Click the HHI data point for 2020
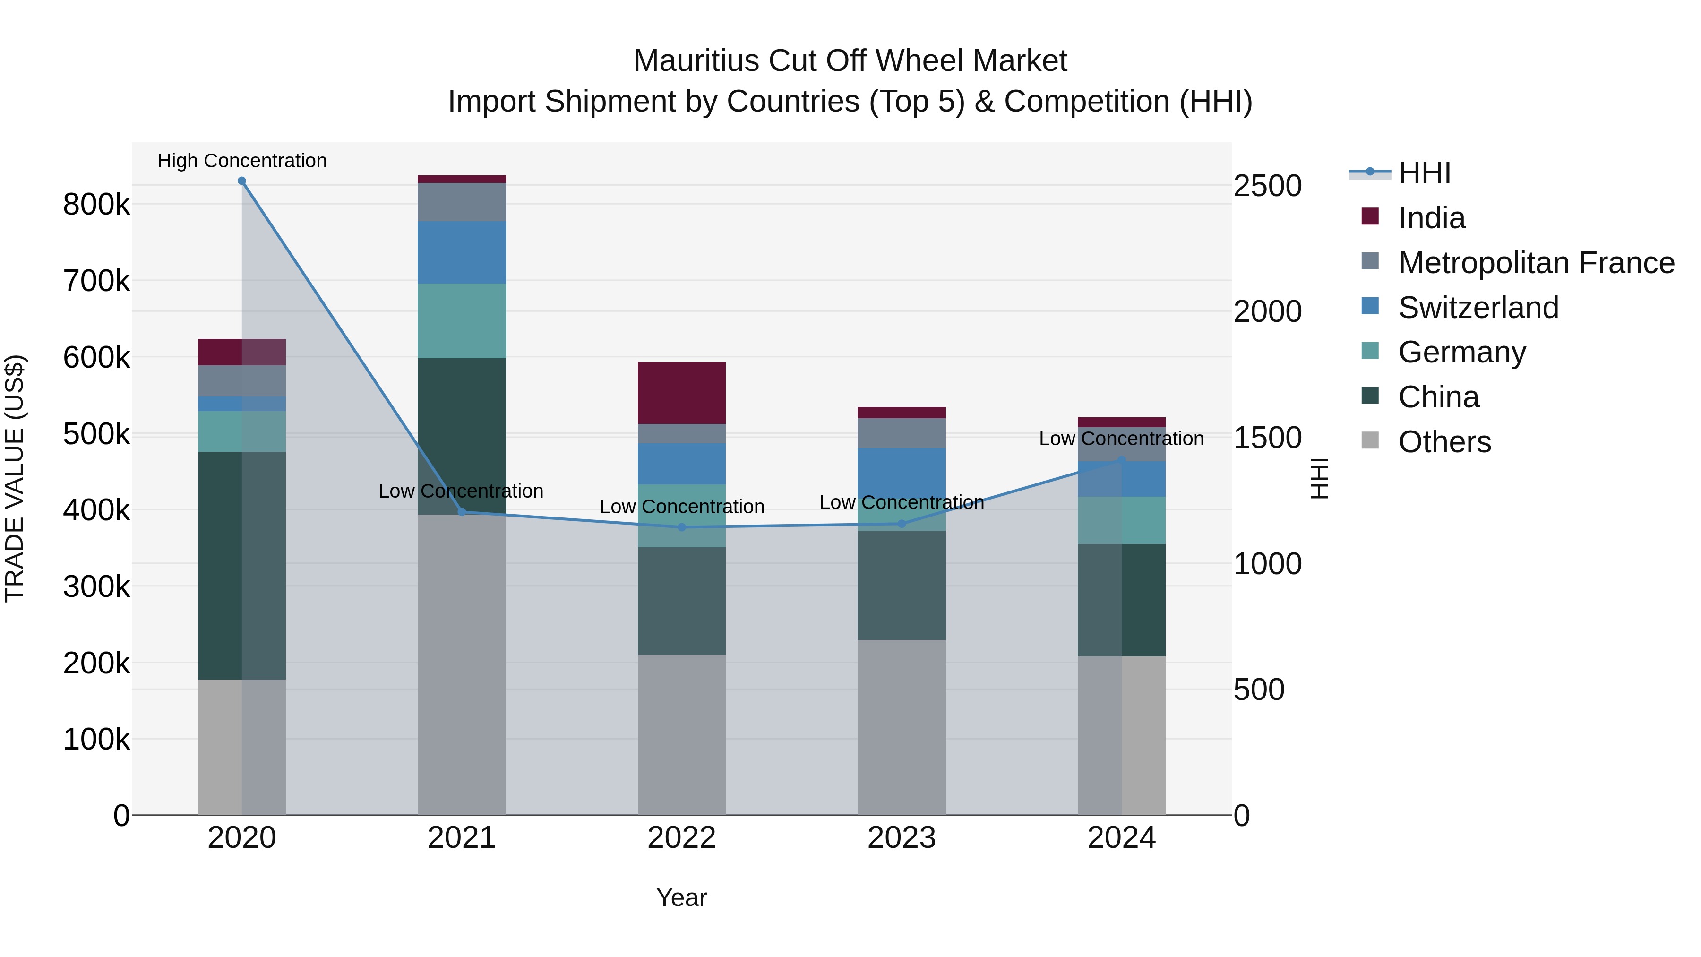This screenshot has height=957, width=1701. pyautogui.click(x=241, y=181)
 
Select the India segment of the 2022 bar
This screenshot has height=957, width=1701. pyautogui.click(x=681, y=393)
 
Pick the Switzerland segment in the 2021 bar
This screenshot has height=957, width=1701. pyautogui.click(x=462, y=252)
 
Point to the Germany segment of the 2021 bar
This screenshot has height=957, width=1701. pyautogui.click(x=462, y=321)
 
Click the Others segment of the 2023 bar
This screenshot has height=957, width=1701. pyautogui.click(x=902, y=726)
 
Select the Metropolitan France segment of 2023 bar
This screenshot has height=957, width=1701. pyautogui.click(x=902, y=433)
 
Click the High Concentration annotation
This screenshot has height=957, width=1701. pyautogui.click(x=241, y=161)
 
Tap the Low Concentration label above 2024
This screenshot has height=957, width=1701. pyautogui.click(x=1121, y=439)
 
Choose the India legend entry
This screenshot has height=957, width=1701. pyautogui.click(x=1432, y=218)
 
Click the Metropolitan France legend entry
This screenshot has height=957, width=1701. pyautogui.click(x=1536, y=263)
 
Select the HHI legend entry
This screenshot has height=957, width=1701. pyautogui.click(x=1424, y=173)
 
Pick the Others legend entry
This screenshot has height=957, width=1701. pyautogui.click(x=1444, y=442)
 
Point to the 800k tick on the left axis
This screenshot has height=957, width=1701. pyautogui.click(x=96, y=205)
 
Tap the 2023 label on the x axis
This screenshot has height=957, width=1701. pyautogui.click(x=902, y=838)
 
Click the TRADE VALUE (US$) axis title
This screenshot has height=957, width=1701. pyautogui.click(x=15, y=478)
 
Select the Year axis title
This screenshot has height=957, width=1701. pyautogui.click(x=681, y=897)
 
